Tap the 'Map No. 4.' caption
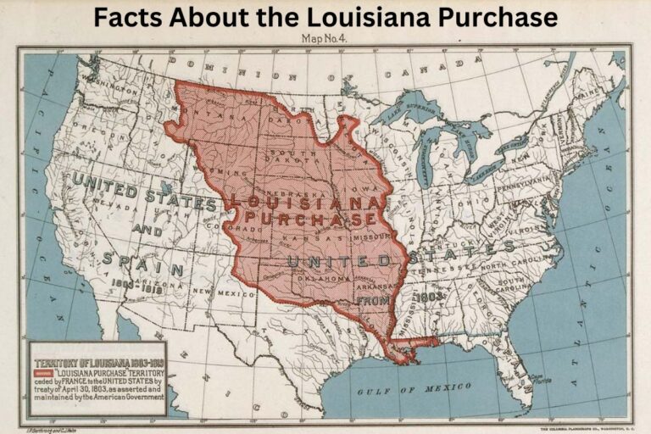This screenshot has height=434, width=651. pyautogui.click(x=325, y=38)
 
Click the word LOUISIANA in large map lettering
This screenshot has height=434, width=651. pyautogui.click(x=303, y=203)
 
